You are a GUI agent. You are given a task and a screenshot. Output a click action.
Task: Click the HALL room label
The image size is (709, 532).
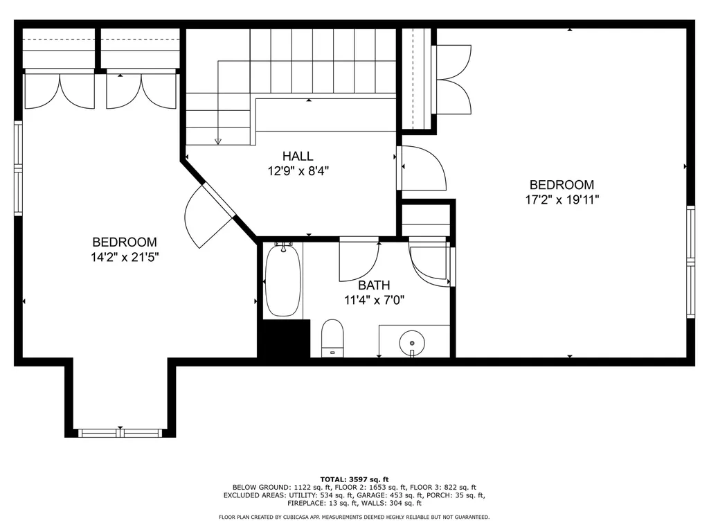pyautogui.click(x=298, y=156)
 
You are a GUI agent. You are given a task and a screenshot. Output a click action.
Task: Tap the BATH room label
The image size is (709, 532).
pyautogui.click(x=374, y=285)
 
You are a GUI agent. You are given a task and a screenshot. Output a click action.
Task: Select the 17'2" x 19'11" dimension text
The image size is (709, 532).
pyautogui.click(x=562, y=199)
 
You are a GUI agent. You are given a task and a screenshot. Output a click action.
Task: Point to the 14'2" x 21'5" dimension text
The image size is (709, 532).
pyautogui.click(x=125, y=258)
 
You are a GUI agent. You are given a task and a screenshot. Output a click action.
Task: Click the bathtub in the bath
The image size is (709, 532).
pyautogui.click(x=283, y=280)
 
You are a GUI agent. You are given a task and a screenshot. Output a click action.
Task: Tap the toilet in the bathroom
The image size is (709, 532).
pyautogui.click(x=332, y=338)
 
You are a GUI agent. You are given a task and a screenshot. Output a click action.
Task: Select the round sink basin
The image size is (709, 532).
pyautogui.click(x=412, y=342)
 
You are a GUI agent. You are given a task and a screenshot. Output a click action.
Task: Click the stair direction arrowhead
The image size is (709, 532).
pyautogui.click(x=218, y=141)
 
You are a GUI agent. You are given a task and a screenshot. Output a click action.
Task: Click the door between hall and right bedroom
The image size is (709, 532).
pyautogui.click(x=422, y=168)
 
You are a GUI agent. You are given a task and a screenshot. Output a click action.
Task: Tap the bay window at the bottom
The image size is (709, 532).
pyautogui.click(x=120, y=433)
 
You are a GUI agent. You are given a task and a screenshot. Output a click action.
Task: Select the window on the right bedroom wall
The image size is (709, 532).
pyautogui.click(x=690, y=261)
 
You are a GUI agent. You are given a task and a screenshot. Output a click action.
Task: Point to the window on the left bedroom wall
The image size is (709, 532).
pyautogui.click(x=18, y=168)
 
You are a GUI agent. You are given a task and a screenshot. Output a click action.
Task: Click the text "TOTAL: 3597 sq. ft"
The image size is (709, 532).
pyautogui.click(x=354, y=479)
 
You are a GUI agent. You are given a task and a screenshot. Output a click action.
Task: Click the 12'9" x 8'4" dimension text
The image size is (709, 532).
pyautogui.click(x=298, y=171)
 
